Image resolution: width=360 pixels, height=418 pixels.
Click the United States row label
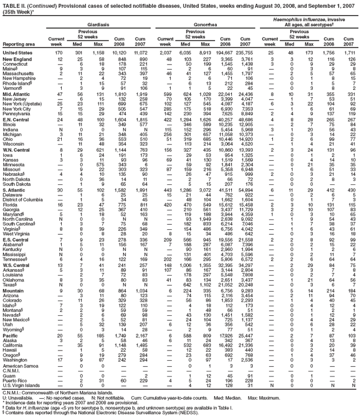[18, 52]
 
